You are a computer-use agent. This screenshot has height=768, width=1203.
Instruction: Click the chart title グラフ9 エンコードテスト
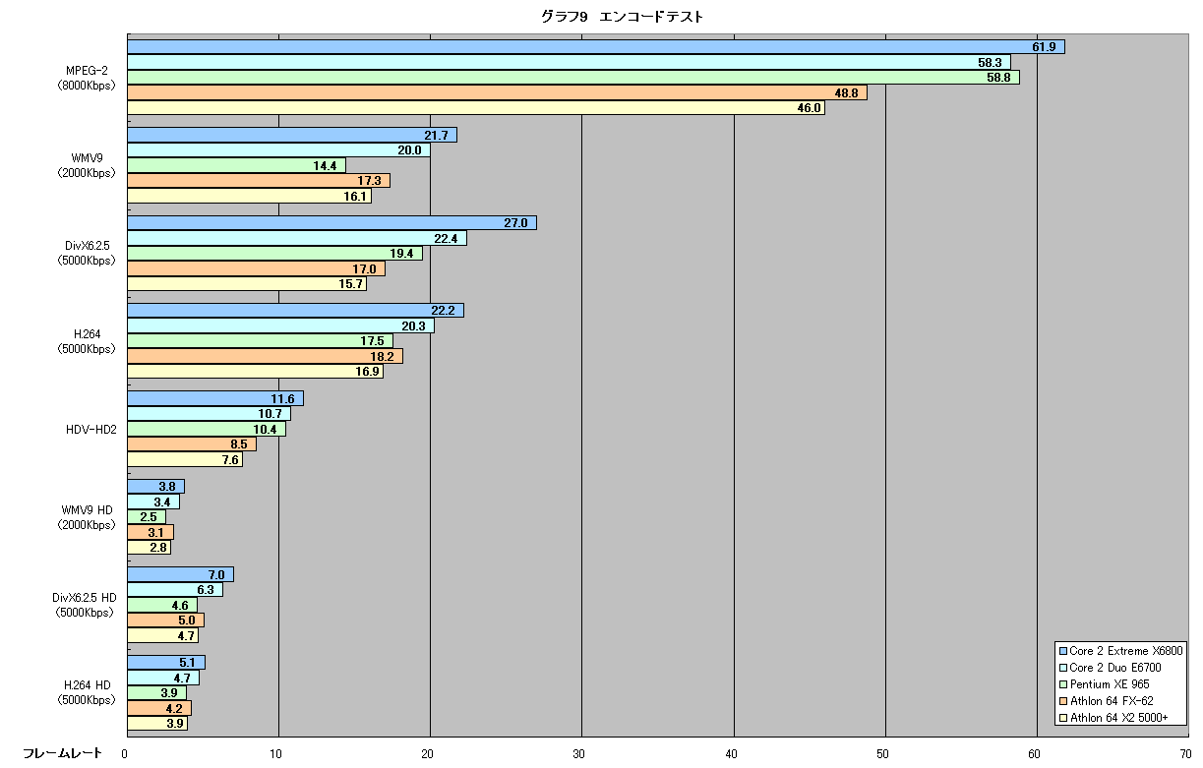[x=622, y=17]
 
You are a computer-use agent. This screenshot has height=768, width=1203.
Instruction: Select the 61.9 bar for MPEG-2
[x=596, y=47]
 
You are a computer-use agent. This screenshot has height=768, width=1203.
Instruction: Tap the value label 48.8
[x=846, y=92]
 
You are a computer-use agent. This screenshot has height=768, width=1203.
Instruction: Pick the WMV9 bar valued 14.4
[x=236, y=165]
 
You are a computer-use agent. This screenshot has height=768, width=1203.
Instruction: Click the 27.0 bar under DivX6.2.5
[x=331, y=223]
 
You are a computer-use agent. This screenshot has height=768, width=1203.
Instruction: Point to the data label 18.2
[x=382, y=356]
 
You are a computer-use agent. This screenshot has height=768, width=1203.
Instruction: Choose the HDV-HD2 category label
[x=91, y=430]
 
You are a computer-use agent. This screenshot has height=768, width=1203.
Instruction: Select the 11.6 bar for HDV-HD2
[x=215, y=398]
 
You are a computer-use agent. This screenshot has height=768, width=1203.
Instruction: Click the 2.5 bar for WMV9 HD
[x=147, y=516]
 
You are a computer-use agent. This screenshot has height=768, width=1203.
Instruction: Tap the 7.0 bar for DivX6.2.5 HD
[x=180, y=574]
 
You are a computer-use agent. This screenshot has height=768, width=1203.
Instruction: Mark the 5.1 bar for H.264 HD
[x=166, y=662]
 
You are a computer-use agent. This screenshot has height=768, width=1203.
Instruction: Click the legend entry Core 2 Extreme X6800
[x=1120, y=651]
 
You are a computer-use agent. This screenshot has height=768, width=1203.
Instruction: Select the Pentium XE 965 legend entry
[x=1105, y=684]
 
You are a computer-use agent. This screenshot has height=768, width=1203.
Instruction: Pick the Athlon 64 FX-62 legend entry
[x=1107, y=701]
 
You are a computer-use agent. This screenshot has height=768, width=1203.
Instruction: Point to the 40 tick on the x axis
[x=731, y=754]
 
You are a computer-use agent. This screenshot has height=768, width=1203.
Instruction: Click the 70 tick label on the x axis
[x=1185, y=754]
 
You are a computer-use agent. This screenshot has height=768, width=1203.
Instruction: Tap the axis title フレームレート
[x=62, y=753]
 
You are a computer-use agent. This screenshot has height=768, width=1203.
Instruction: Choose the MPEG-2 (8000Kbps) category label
[x=87, y=78]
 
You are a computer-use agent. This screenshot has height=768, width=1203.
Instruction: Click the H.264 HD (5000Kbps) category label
[x=87, y=692]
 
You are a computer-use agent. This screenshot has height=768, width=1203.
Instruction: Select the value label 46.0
[x=809, y=108]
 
